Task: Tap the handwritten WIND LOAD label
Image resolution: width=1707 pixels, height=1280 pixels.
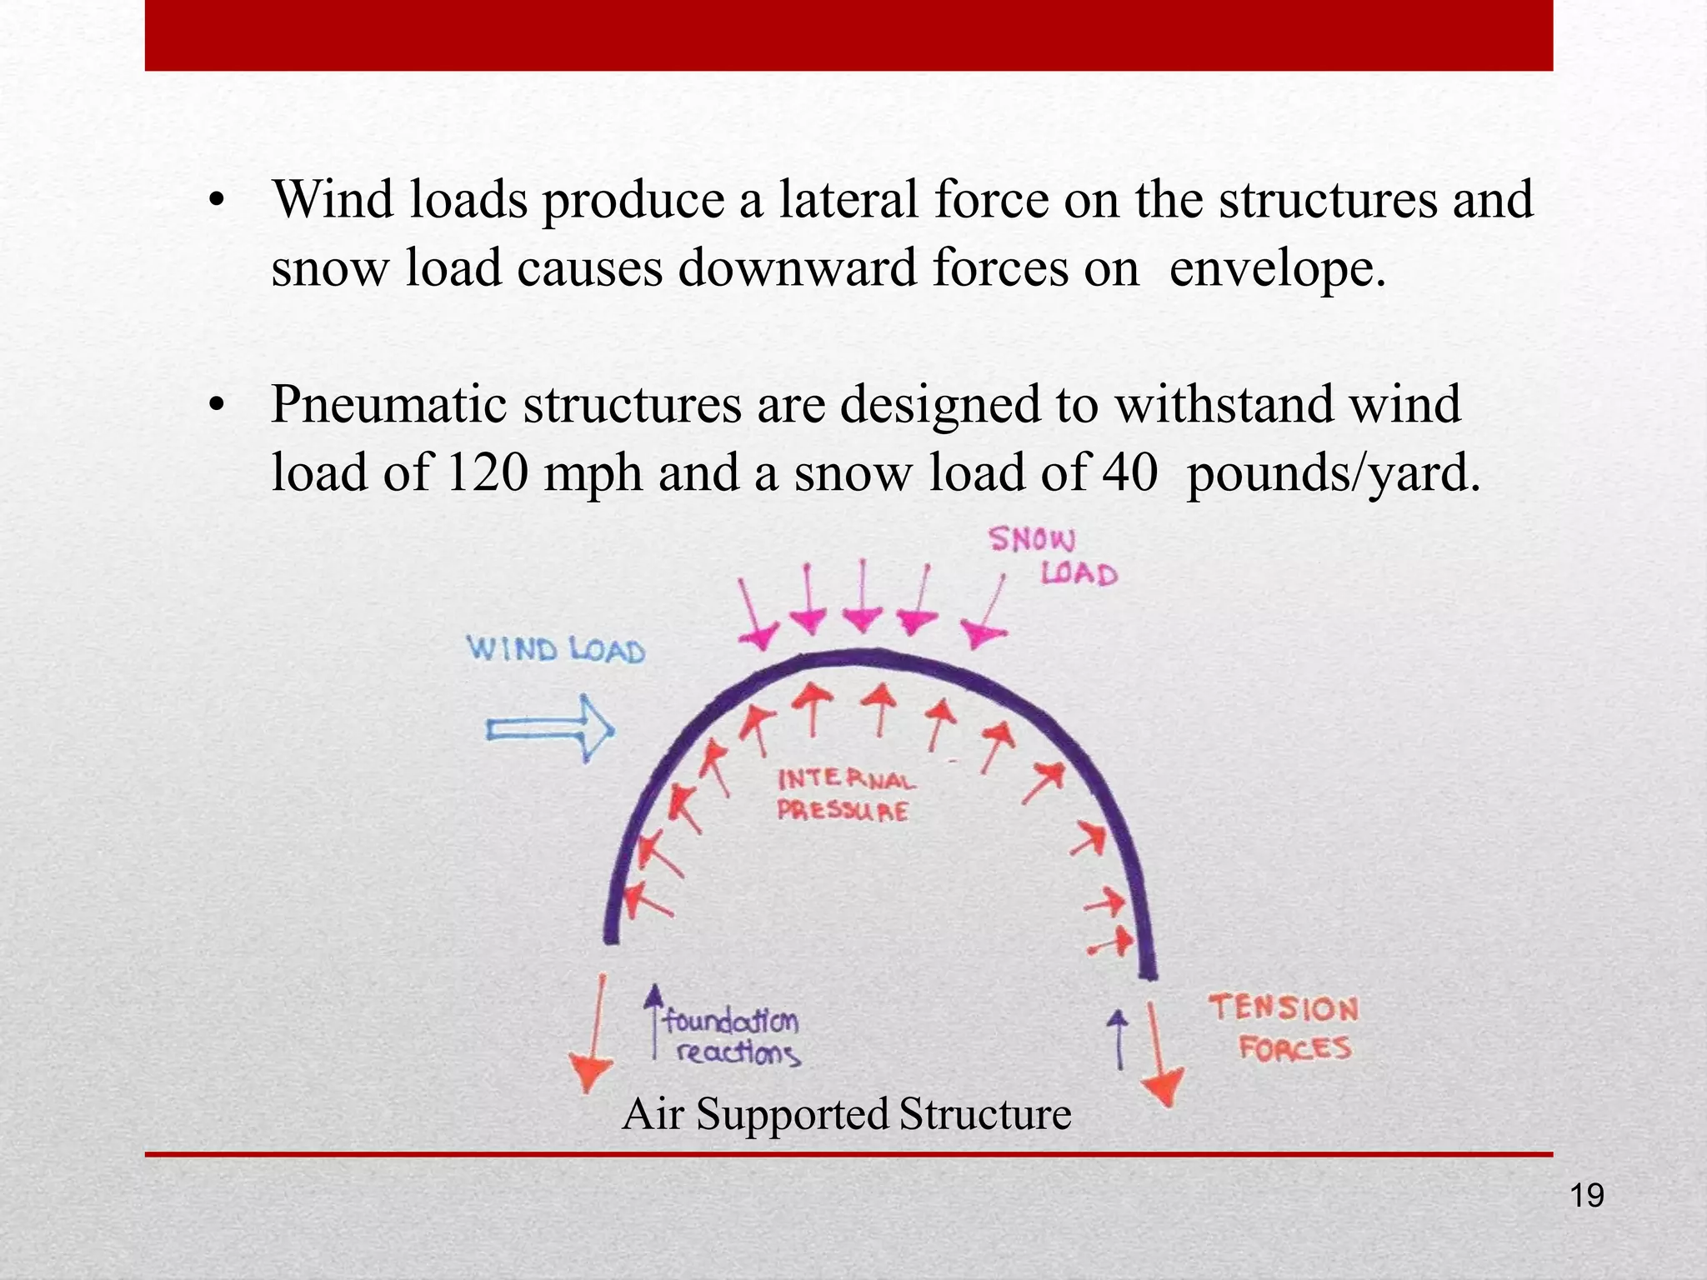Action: point(555,649)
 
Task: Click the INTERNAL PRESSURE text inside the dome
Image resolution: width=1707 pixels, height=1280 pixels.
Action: point(844,795)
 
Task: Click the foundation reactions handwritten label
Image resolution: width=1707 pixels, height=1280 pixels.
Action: point(733,1037)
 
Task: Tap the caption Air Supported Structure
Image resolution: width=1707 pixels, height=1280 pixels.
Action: point(846,1114)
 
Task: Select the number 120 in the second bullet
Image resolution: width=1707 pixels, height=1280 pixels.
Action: point(488,472)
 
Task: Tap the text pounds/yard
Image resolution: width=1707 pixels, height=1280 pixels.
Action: point(1332,472)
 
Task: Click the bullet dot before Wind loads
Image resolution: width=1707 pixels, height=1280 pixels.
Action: point(217,202)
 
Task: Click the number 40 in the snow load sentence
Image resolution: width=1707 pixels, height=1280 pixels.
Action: point(1130,472)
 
